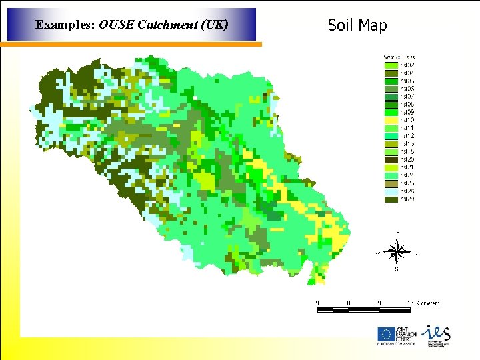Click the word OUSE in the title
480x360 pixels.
pos(115,25)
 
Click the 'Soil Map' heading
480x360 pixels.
pos(357,25)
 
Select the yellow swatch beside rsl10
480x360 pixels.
pos(391,120)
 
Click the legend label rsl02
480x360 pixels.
pos(407,65)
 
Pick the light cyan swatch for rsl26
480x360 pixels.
pos(391,191)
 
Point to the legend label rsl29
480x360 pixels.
pos(407,199)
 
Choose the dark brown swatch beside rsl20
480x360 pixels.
pos(391,159)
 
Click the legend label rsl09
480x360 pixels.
pos(407,112)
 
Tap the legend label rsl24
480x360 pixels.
pos(407,175)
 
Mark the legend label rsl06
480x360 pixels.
pos(407,89)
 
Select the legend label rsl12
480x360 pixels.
pos(407,136)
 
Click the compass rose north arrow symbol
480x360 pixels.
pos(397,252)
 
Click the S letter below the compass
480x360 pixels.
pos(397,269)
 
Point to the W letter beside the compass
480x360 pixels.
pos(378,252)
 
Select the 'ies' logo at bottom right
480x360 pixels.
pos(436,333)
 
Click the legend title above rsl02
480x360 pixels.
pos(399,57)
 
